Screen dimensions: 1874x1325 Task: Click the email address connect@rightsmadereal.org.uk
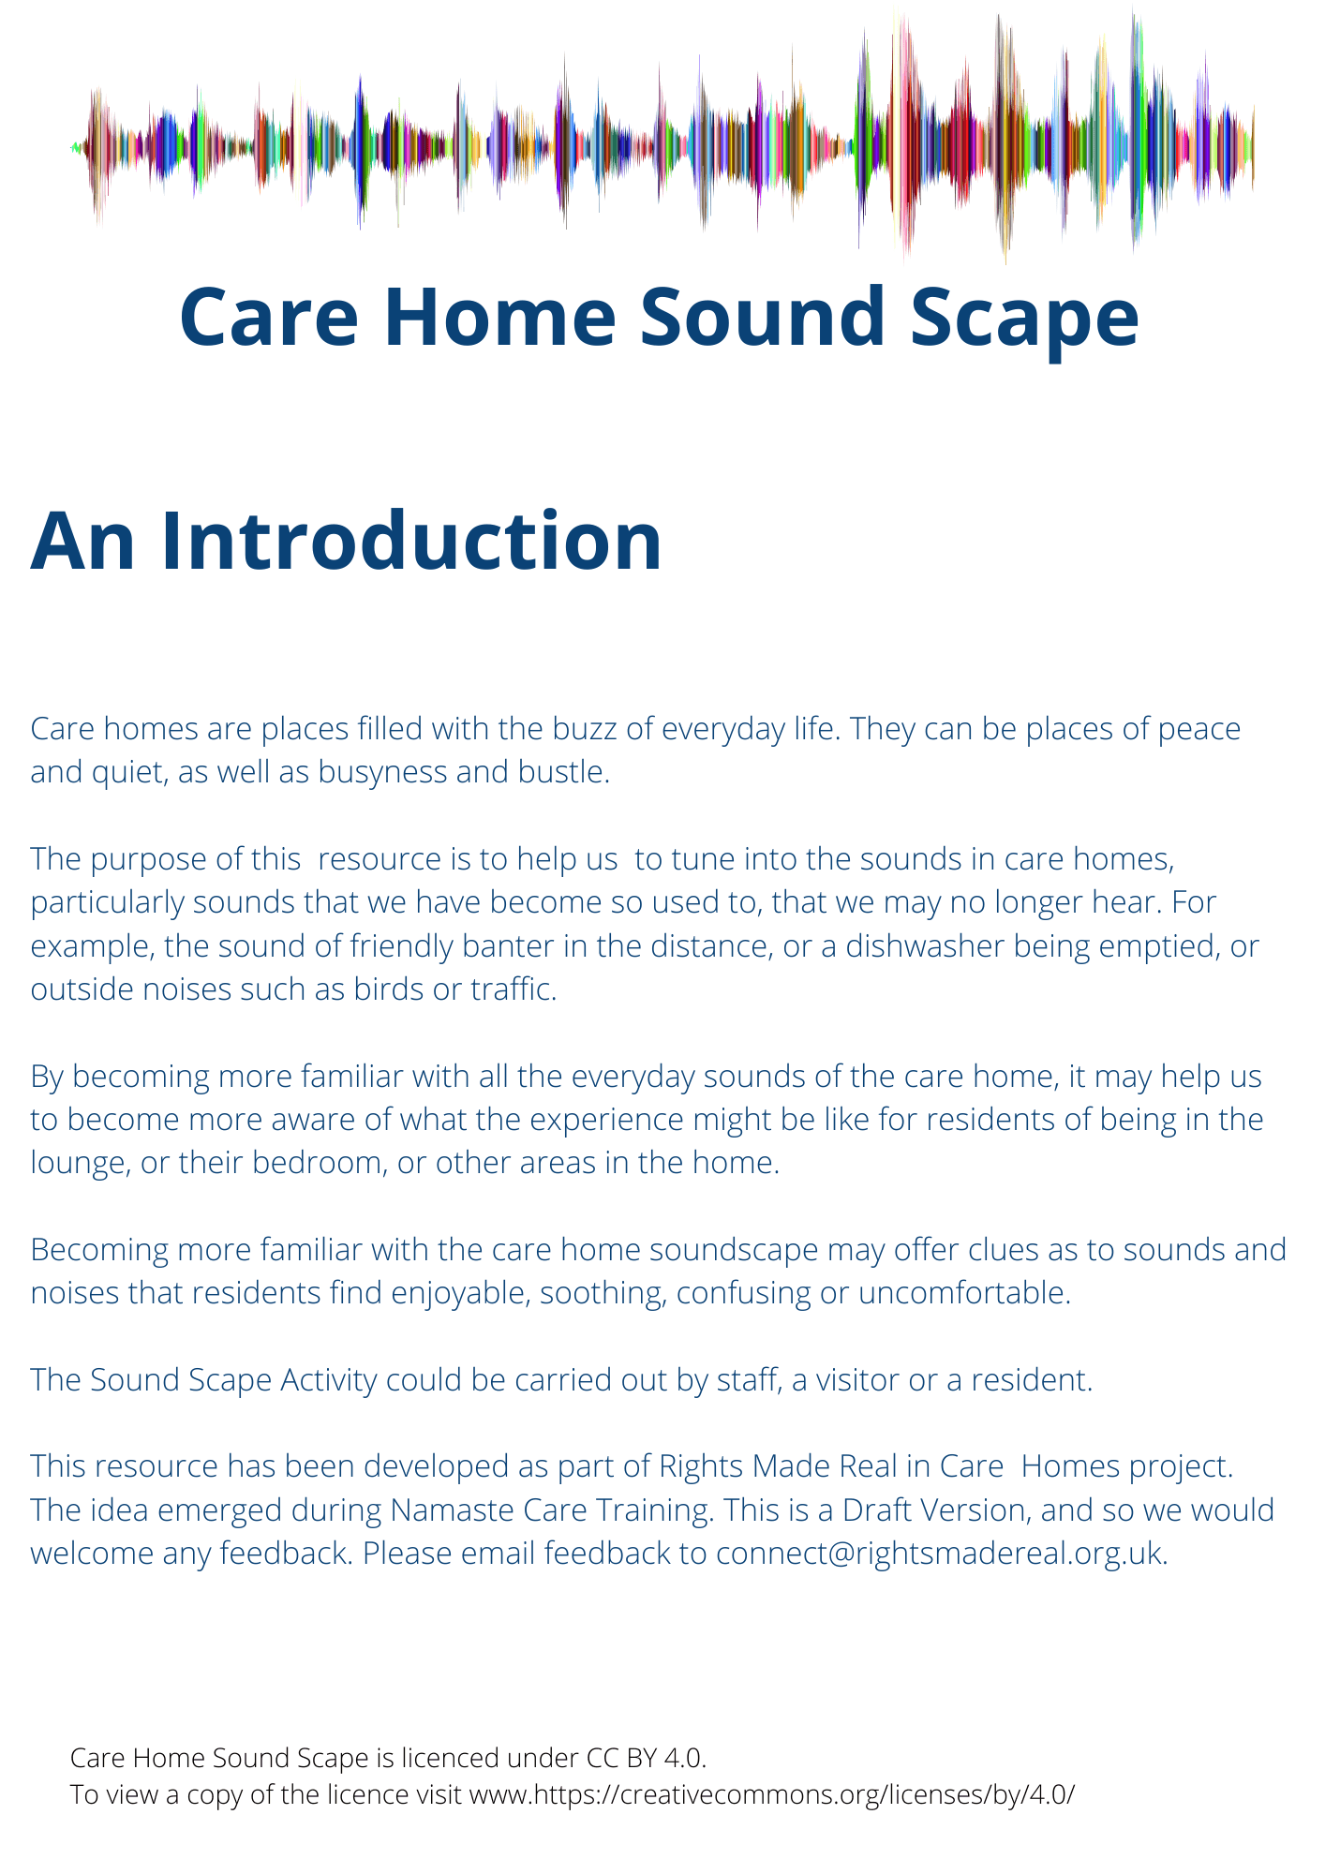pos(941,1554)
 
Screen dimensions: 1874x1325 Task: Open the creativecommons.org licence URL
pos(770,1795)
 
